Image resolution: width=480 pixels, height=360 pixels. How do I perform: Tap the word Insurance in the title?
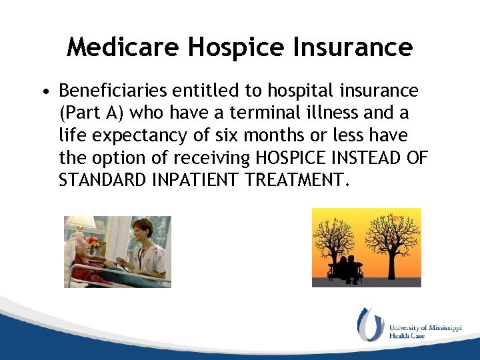coord(355,47)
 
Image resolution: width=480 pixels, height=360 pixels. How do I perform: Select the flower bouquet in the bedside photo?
coord(93,242)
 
